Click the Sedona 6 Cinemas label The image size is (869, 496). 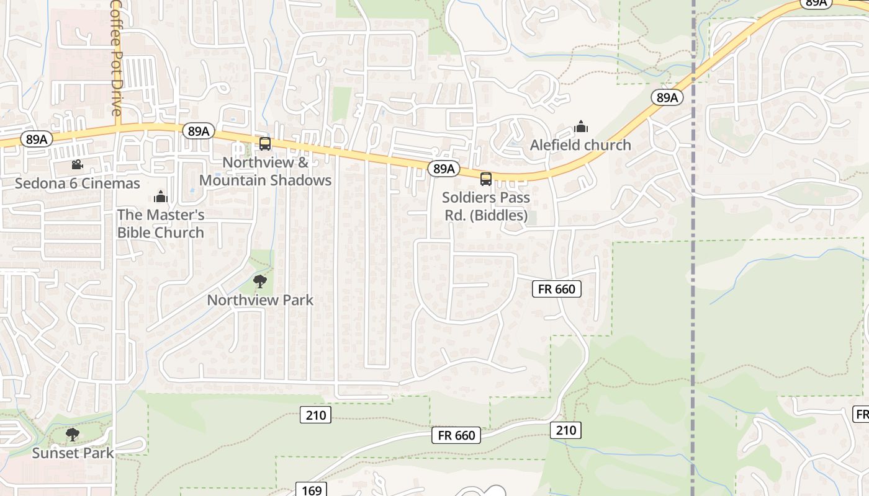pyautogui.click(x=78, y=184)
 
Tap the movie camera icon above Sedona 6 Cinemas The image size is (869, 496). pyautogui.click(x=77, y=165)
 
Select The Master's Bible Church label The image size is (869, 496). pyautogui.click(x=161, y=224)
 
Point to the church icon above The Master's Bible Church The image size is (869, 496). pyautogui.click(x=161, y=197)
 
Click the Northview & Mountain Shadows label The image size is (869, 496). pyautogui.click(x=265, y=171)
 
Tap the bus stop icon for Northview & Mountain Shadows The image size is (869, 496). pyautogui.click(x=265, y=144)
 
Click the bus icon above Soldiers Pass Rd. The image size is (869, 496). pyautogui.click(x=486, y=179)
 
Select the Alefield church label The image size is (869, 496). pyautogui.click(x=580, y=145)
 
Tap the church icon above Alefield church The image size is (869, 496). pyautogui.click(x=581, y=126)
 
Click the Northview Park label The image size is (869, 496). pyautogui.click(x=260, y=300)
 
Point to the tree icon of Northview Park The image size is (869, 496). pyautogui.click(x=260, y=282)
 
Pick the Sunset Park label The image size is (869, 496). pyautogui.click(x=73, y=453)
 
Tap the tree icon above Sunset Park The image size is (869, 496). pyautogui.click(x=73, y=435)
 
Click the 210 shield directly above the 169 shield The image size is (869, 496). pyautogui.click(x=316, y=415)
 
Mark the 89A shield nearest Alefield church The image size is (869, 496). pyautogui.click(x=667, y=97)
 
